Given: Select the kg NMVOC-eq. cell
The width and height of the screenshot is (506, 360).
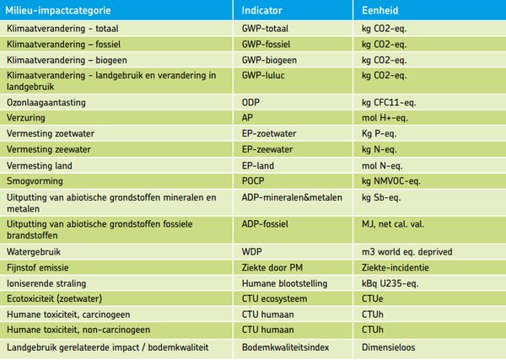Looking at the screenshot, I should pyautogui.click(x=390, y=180).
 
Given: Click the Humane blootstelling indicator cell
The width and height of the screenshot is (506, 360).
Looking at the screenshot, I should pyautogui.click(x=287, y=283).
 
